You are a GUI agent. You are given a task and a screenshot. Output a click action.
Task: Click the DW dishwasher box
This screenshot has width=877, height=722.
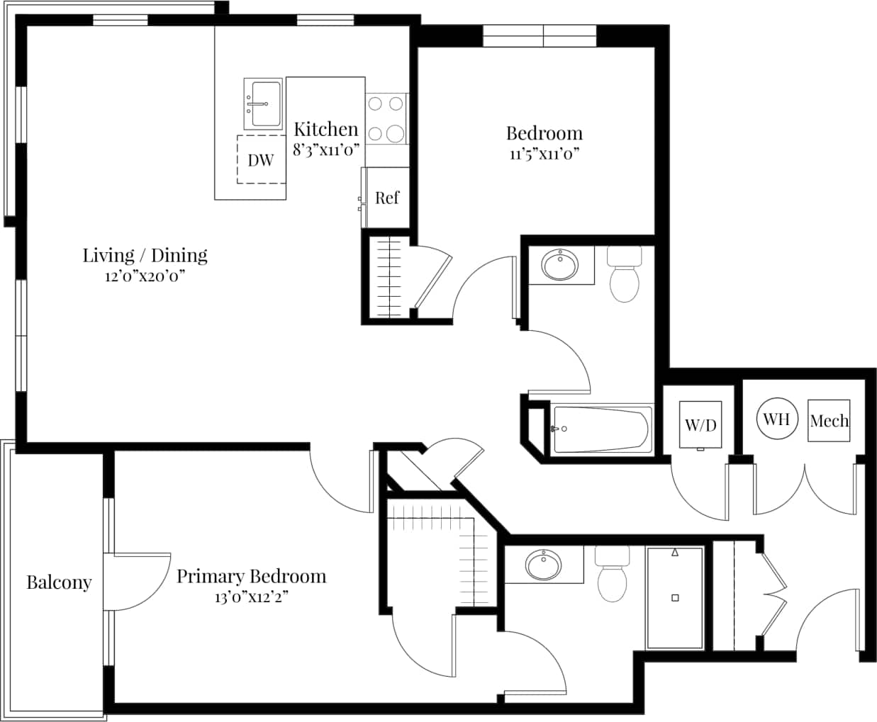[260, 159]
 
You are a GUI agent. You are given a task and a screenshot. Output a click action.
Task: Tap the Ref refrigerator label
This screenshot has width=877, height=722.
[386, 198]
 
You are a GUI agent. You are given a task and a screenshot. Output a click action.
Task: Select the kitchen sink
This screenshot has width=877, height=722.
[263, 103]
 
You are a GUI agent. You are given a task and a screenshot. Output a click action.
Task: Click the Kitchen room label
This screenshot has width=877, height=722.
[325, 129]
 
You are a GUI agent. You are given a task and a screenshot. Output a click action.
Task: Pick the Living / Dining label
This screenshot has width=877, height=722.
[145, 255]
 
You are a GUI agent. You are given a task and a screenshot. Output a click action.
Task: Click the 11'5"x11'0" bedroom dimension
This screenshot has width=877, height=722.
[544, 154]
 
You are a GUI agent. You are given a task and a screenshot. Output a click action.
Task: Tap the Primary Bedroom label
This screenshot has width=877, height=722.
[251, 576]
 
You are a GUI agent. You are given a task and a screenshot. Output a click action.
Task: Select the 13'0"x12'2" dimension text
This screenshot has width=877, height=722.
[251, 597]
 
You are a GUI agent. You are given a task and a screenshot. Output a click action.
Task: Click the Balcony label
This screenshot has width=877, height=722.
[59, 582]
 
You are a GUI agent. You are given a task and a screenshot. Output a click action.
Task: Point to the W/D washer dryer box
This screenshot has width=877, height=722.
[700, 424]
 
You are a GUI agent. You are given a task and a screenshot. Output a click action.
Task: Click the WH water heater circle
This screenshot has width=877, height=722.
[776, 419]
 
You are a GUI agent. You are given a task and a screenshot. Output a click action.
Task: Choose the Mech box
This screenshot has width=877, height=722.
[829, 421]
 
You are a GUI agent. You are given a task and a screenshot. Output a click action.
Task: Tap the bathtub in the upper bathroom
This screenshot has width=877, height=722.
[602, 429]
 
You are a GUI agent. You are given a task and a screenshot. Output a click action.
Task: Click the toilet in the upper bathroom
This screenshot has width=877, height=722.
[625, 276]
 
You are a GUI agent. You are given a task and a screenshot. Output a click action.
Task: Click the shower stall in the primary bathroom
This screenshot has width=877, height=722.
[674, 597]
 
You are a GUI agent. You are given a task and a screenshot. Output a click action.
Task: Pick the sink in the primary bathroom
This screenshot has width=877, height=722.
[544, 565]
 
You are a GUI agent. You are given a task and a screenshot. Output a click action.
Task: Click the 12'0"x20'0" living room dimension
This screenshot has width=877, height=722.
[145, 276]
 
